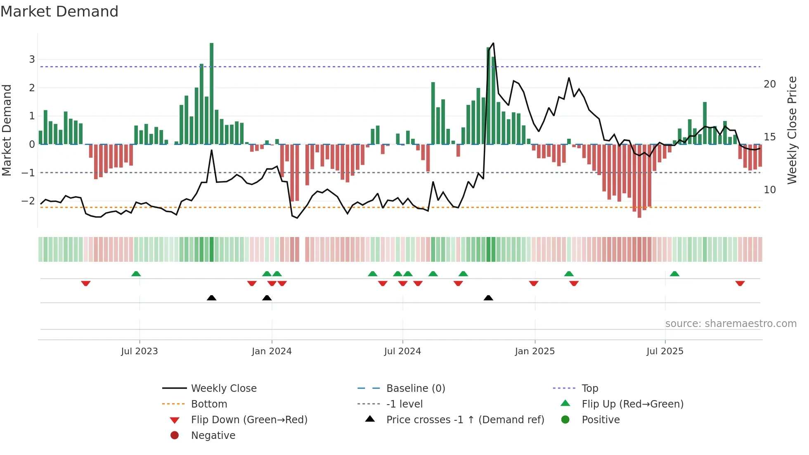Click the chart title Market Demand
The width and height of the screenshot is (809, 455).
(59, 12)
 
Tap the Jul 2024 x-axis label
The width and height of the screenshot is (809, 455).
(402, 351)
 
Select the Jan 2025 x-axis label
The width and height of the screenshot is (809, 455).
(535, 351)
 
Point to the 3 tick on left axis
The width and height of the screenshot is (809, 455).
(32, 59)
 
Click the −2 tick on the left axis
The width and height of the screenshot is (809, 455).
(28, 201)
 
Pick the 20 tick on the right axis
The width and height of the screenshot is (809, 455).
(770, 84)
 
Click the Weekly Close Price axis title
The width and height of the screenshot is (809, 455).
(792, 130)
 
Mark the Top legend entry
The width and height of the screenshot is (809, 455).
(590, 389)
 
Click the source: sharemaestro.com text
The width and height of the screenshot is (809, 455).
(731, 324)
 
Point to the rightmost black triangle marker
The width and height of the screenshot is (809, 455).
(488, 298)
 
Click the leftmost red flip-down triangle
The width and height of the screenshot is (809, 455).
(86, 283)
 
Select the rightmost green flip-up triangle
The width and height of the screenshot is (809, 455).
(674, 274)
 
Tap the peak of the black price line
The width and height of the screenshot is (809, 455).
(493, 43)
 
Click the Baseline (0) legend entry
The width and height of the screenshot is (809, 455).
(416, 389)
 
